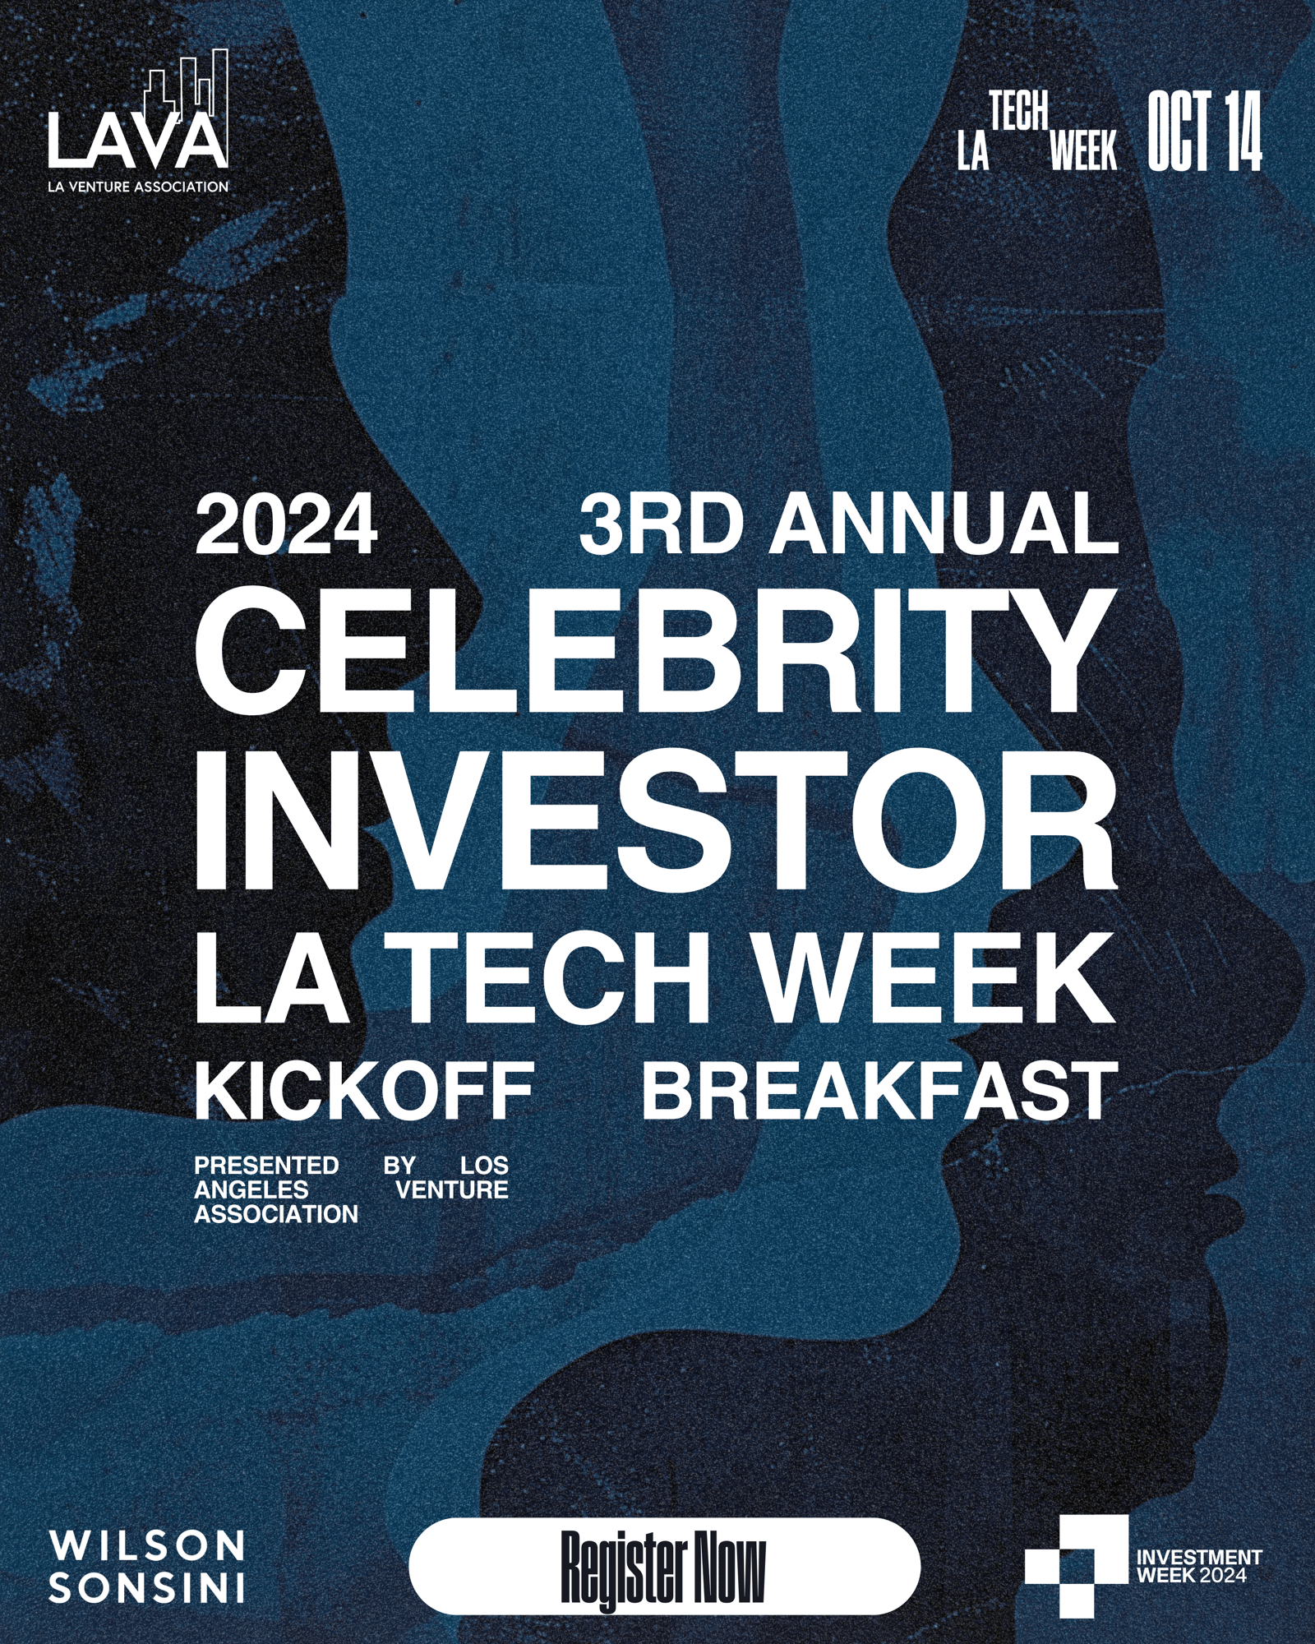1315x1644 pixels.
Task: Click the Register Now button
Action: tap(664, 1566)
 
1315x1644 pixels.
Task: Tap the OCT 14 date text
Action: tap(1204, 131)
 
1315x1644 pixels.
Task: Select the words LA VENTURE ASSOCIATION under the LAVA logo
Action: tap(138, 187)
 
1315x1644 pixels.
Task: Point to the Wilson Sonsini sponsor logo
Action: tap(147, 1566)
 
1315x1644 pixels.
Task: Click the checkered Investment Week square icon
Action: tap(1076, 1566)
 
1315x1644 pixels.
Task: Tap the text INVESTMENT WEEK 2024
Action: tap(1199, 1566)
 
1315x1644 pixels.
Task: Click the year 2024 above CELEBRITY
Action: tap(286, 524)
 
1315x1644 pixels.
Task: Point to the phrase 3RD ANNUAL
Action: tap(849, 524)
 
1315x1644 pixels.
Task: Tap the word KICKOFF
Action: tap(364, 1089)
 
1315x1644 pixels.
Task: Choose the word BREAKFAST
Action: tap(879, 1089)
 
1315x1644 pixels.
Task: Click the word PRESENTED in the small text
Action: tap(266, 1166)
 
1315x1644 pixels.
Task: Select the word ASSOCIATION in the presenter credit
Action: tap(276, 1214)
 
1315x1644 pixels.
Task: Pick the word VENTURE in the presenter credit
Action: tap(452, 1189)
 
